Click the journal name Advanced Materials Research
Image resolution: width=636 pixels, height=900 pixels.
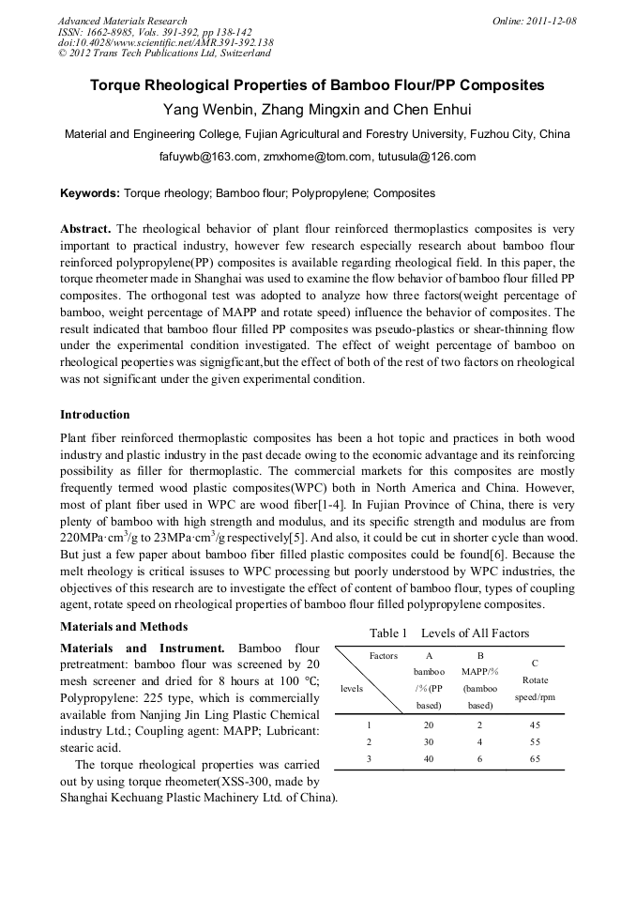coord(122,21)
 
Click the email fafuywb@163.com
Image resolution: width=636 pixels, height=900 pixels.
coord(206,157)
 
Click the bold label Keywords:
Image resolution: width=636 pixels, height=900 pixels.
coord(90,193)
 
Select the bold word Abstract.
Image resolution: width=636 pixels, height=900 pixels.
coord(85,229)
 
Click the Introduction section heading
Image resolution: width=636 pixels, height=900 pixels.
coord(95,414)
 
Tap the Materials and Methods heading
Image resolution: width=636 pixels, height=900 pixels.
coord(124,627)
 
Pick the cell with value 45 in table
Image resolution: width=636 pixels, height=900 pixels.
coord(535,725)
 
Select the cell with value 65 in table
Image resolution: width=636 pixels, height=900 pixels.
coord(535,758)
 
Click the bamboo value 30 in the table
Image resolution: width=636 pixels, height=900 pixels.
coord(429,741)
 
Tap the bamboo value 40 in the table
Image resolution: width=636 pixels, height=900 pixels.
coord(429,758)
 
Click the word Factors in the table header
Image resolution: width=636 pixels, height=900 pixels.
coord(384,656)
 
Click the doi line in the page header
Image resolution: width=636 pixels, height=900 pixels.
coord(165,42)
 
